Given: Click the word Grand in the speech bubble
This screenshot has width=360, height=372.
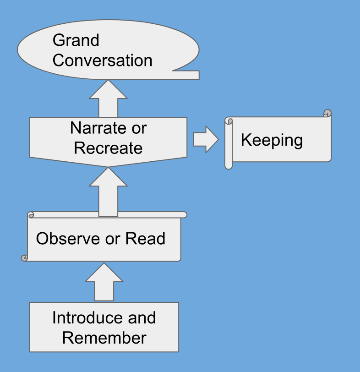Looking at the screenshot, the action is point(76,40).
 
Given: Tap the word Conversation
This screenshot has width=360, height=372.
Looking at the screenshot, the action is point(103,60).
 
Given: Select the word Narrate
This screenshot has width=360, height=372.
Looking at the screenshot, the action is point(98,128).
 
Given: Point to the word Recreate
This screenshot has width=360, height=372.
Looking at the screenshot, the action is point(108,148).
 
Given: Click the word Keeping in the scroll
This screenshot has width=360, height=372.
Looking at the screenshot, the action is point(272,141).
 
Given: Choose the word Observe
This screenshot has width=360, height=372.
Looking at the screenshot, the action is point(68,238).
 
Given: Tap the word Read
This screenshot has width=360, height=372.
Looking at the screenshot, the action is point(145,238).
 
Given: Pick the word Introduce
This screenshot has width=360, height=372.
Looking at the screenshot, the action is point(88,317).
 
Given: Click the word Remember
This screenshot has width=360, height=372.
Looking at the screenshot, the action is point(104,338).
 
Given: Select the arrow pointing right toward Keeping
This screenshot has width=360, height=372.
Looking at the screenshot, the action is point(206,139).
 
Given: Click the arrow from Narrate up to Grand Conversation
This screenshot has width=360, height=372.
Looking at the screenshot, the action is point(108,98).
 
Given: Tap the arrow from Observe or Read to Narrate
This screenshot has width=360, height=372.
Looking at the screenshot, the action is point(108,192).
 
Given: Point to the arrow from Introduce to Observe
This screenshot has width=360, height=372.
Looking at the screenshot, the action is point(104,282).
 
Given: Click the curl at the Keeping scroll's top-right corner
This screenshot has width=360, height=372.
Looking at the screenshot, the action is point(327,113).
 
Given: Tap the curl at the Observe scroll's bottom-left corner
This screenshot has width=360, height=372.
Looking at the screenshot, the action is point(24,258).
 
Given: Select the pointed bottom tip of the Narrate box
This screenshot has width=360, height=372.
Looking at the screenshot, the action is point(108,167).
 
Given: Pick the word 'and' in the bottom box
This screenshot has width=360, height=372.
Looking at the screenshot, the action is point(142,317).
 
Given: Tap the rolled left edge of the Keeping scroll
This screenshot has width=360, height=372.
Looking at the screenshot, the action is point(229,143).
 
